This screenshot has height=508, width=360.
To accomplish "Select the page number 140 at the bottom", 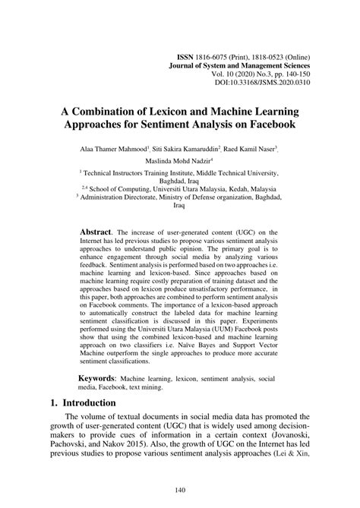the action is coord(179,491).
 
